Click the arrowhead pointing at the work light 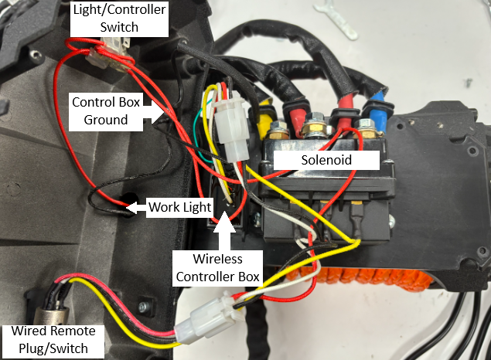coord(131,207)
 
